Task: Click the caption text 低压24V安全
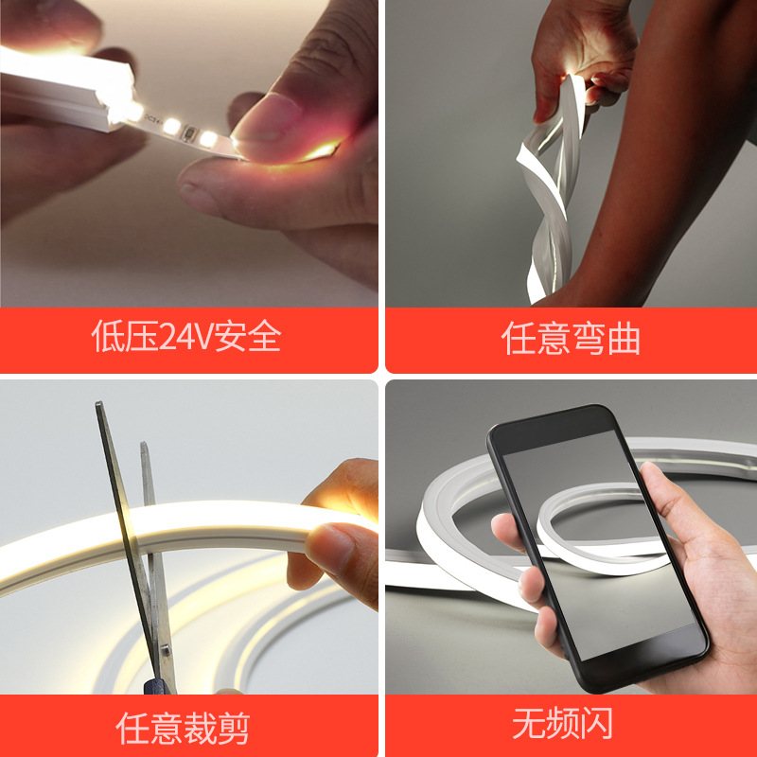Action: tap(186, 337)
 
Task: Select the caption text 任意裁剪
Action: tap(183, 727)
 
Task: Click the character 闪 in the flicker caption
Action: tap(596, 724)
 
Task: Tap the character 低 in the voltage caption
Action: tap(107, 337)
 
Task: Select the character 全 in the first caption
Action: tap(265, 337)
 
